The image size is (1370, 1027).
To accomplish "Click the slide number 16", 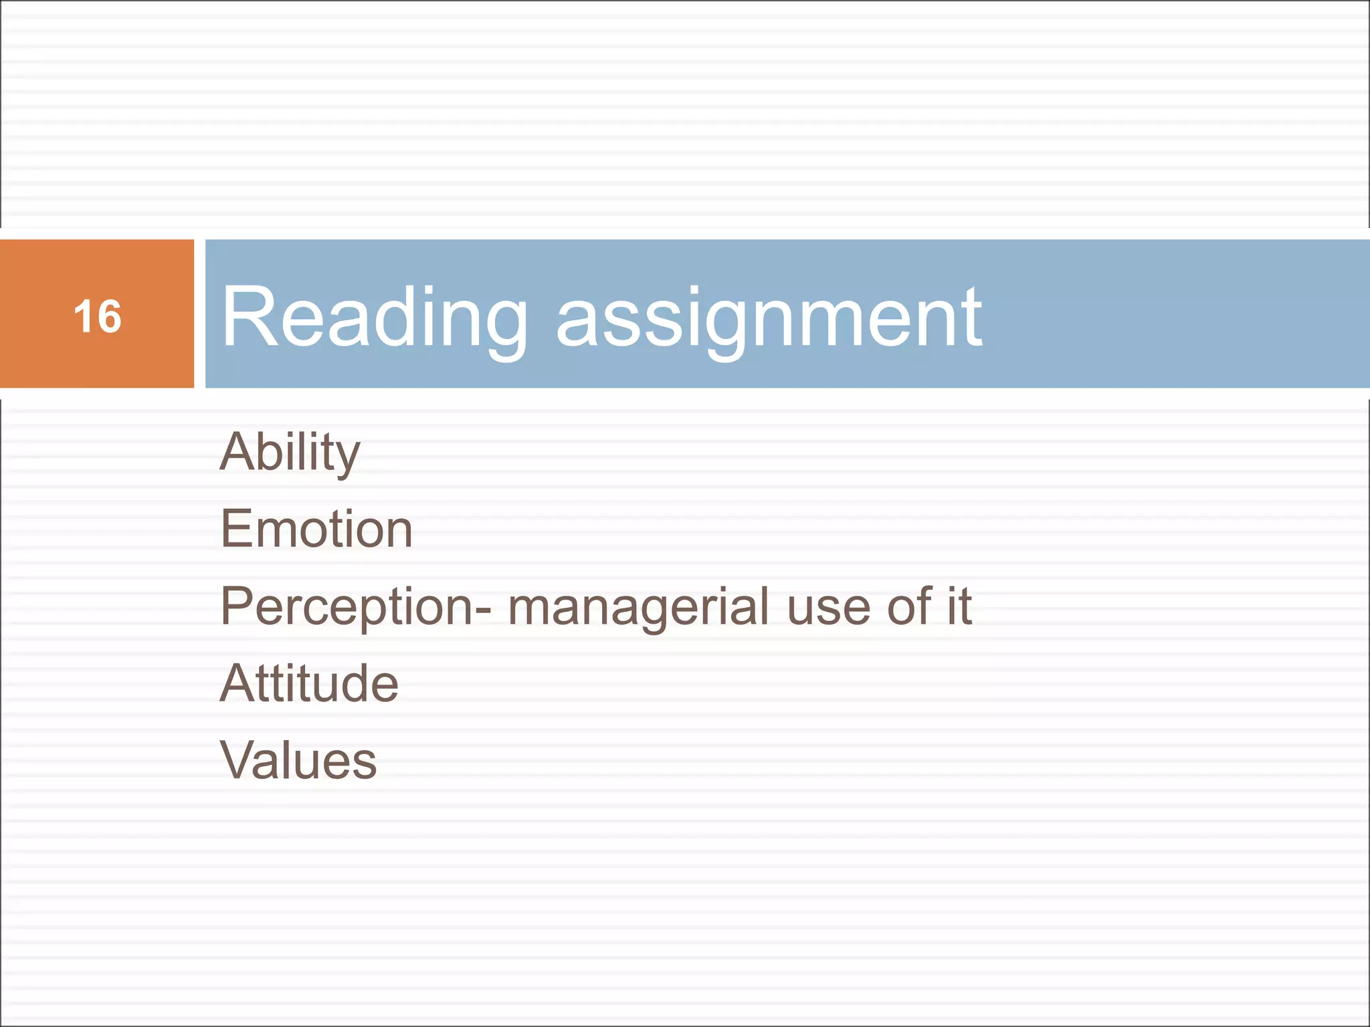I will [98, 316].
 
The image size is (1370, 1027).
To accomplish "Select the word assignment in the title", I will [769, 318].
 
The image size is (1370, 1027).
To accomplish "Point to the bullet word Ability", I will [290, 453].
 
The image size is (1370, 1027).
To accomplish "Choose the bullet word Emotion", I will [316, 529].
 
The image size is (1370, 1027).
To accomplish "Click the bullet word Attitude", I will [309, 683].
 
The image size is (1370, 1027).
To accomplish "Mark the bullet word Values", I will [298, 761].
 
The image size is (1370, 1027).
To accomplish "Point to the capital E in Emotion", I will [235, 529].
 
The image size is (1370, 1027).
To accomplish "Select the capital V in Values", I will [239, 761].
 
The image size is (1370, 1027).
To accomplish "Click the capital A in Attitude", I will [237, 683].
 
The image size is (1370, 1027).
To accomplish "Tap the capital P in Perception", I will [237, 606].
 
